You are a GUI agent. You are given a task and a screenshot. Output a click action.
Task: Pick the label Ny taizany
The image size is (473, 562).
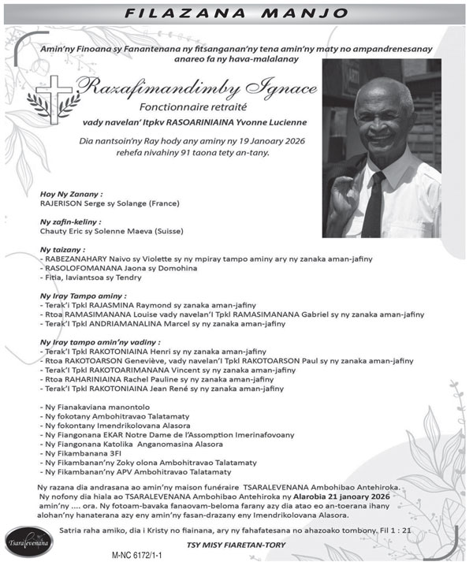(x=60, y=249)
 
